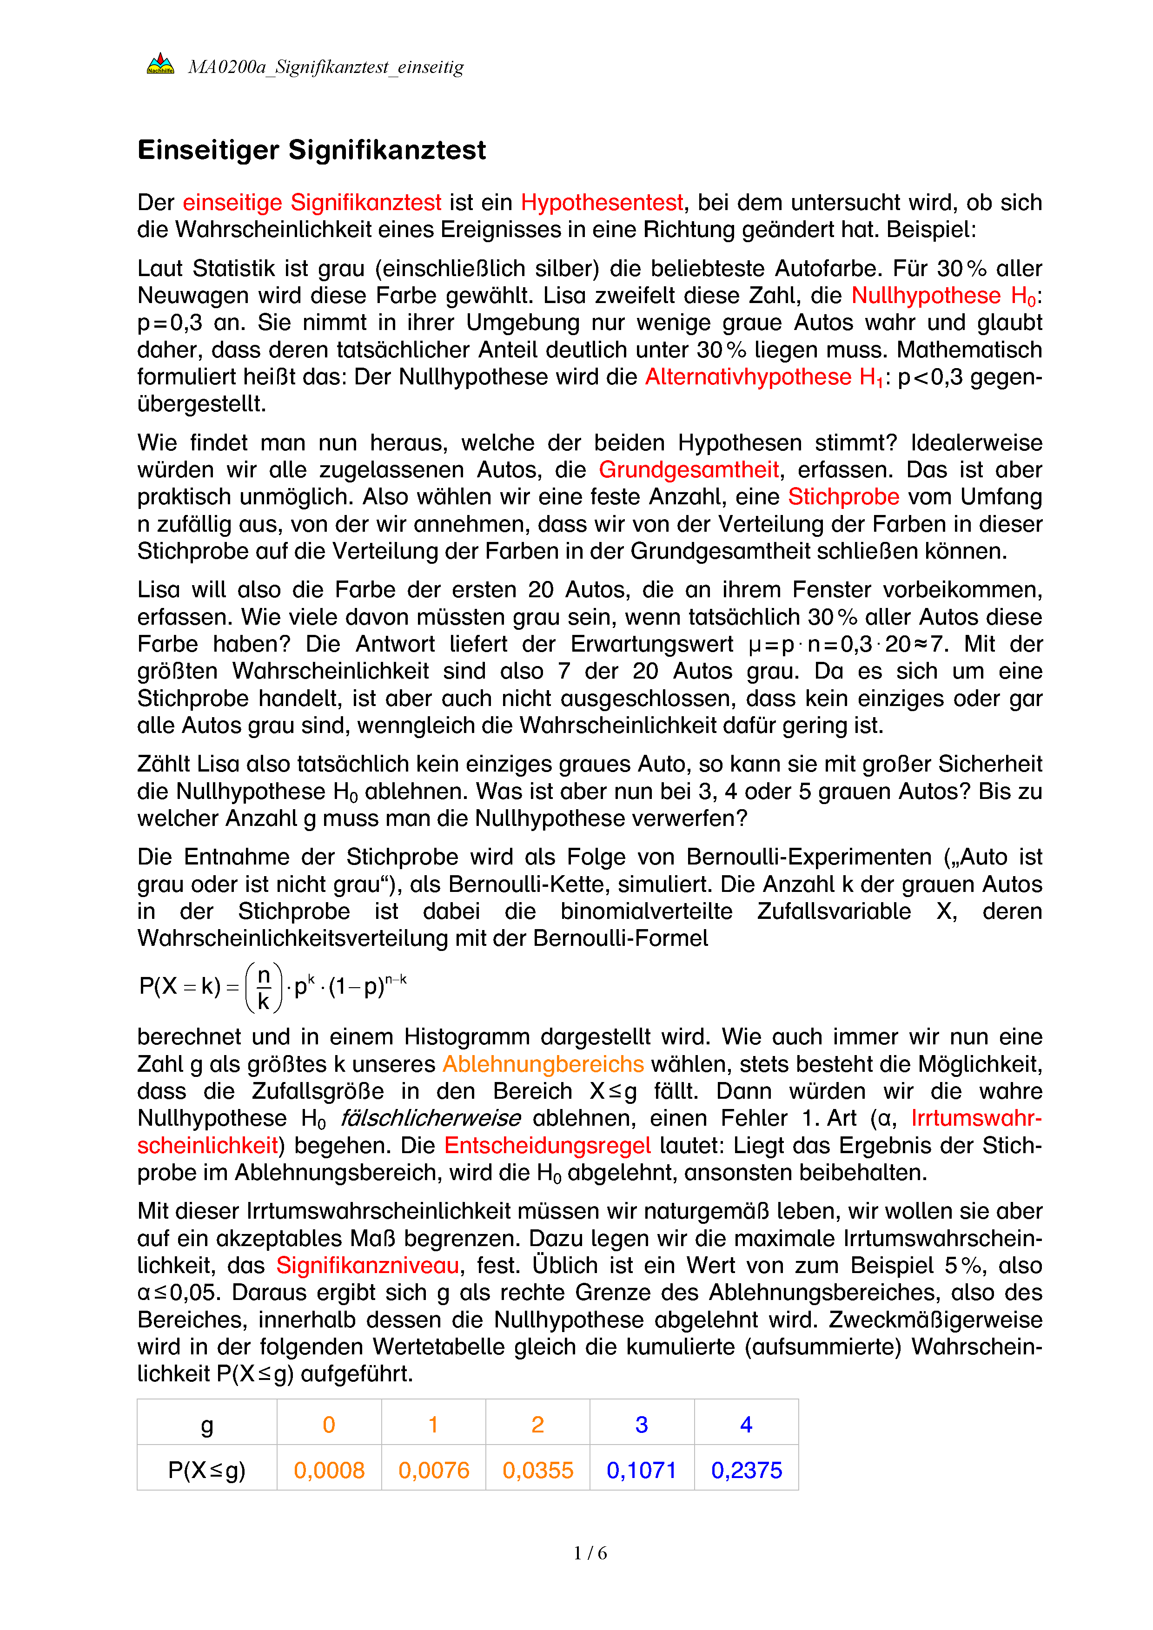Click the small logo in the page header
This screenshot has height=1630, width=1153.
pyautogui.click(x=160, y=64)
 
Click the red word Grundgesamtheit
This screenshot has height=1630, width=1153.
pyautogui.click(x=689, y=470)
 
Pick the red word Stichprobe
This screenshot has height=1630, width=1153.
pyautogui.click(x=843, y=497)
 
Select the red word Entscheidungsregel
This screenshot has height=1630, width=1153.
pyautogui.click(x=547, y=1146)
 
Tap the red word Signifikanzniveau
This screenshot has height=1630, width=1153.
pyautogui.click(x=368, y=1265)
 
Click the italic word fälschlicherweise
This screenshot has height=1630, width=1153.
pyautogui.click(x=430, y=1118)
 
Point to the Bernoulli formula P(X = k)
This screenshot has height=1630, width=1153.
pyautogui.click(x=272, y=987)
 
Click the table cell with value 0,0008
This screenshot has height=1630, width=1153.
pyautogui.click(x=329, y=1470)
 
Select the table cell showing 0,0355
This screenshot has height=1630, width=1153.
pyautogui.click(x=537, y=1470)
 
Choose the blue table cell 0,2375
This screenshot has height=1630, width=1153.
pyautogui.click(x=746, y=1470)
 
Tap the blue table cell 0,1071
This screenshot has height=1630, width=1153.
pyautogui.click(x=642, y=1470)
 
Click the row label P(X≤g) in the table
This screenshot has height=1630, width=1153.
pyautogui.click(x=206, y=1470)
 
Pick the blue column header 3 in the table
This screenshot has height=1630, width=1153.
pyautogui.click(x=642, y=1424)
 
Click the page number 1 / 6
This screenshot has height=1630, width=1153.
pyautogui.click(x=590, y=1553)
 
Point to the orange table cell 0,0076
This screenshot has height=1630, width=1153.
pyautogui.click(x=433, y=1470)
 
